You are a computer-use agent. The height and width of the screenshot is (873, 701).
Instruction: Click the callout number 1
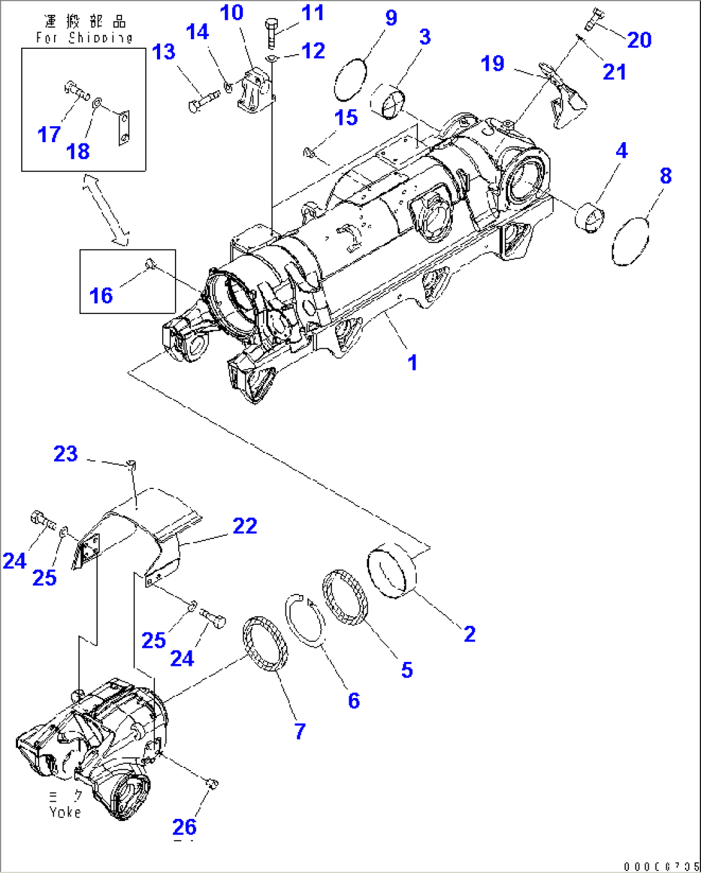coord(412,362)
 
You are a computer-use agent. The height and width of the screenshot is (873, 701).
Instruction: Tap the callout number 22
coord(244,526)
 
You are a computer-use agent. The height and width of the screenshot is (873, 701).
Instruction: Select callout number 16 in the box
coord(101,295)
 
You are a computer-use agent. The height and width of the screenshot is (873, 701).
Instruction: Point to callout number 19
coord(493,64)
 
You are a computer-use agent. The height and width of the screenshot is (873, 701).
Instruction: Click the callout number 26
coord(185,827)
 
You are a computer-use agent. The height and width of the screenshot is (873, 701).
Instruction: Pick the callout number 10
coord(232,13)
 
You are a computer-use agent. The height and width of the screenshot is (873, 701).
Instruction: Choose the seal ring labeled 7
coord(265,643)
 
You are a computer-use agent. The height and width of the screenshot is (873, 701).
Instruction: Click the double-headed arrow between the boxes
coord(105,210)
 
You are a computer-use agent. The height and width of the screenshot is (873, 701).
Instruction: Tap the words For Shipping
coord(84,38)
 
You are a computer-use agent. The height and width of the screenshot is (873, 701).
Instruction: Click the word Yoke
coord(66,812)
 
